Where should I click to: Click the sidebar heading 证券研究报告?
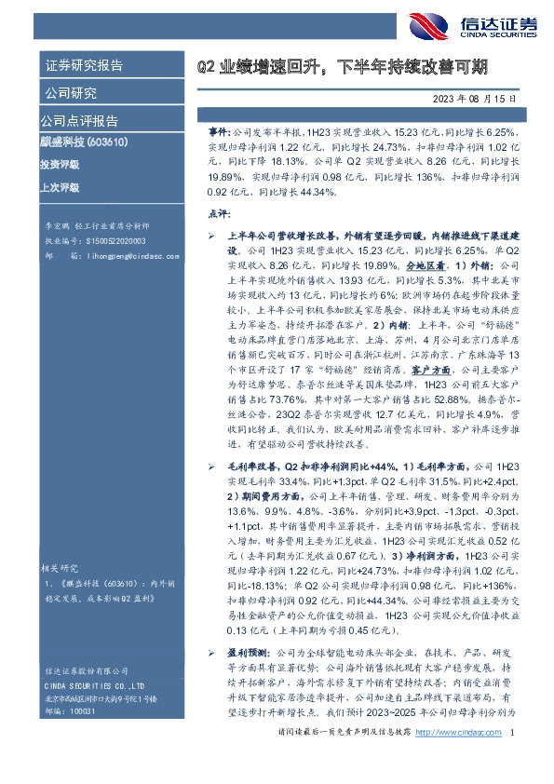[84, 66]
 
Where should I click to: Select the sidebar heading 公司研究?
[70, 93]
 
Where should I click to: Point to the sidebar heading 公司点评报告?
[79, 121]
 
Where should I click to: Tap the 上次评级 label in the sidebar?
[60, 186]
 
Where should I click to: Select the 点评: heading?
[215, 214]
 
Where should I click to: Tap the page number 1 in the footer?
[512, 762]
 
